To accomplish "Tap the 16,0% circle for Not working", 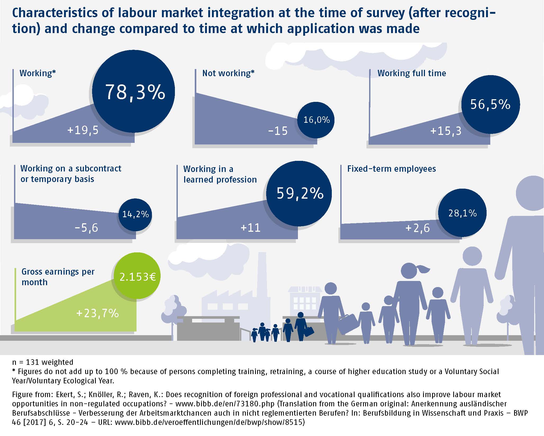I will [316, 120].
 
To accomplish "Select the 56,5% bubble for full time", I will [490, 104].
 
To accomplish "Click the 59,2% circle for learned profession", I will [299, 194].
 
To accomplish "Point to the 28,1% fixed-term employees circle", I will [462, 213].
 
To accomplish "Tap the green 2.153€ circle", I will [137, 276].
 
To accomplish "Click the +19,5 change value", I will [83, 130].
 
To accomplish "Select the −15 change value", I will [278, 131].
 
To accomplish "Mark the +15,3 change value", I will [446, 131].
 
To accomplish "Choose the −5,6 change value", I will [87, 228].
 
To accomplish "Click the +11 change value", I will [250, 228].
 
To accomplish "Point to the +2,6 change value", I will [418, 228].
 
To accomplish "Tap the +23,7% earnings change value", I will [97, 314].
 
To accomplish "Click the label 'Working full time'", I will [411, 73].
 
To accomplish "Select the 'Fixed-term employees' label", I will [391, 169].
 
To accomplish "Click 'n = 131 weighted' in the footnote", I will [43, 362].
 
